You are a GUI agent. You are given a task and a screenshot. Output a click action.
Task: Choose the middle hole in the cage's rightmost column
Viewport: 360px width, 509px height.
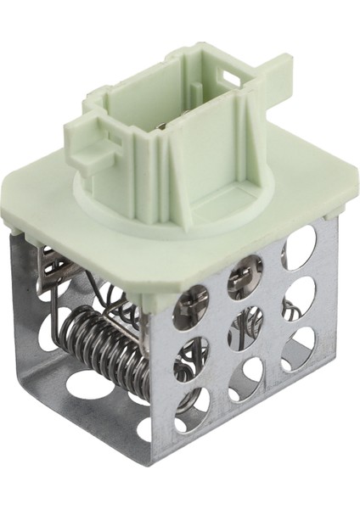tap(300, 297)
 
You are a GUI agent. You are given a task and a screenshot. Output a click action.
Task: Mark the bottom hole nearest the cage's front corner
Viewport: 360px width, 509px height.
tap(191, 406)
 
